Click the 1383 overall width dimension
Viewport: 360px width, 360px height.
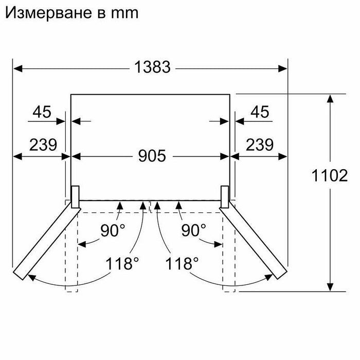click(x=152, y=67)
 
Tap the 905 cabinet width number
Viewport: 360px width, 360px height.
click(x=152, y=156)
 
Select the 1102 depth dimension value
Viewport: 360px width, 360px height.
click(x=330, y=176)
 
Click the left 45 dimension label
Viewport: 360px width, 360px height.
click(x=42, y=112)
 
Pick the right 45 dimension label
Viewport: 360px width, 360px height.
click(x=260, y=112)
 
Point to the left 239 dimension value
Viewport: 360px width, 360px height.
click(x=43, y=145)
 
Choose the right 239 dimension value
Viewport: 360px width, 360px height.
click(x=260, y=145)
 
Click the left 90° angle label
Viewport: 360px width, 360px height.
click(x=113, y=230)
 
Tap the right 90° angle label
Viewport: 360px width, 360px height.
click(x=194, y=230)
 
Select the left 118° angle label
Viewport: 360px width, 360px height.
click(x=122, y=263)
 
